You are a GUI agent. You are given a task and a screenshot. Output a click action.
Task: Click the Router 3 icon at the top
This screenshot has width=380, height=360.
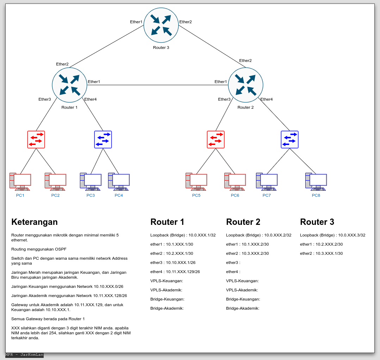click(x=161, y=25)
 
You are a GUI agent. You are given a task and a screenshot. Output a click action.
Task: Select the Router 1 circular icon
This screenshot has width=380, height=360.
click(x=69, y=85)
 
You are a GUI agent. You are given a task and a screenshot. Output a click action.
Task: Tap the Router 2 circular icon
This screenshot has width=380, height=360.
click(x=245, y=85)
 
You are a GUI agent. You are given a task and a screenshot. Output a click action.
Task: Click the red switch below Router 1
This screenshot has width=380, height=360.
click(x=36, y=139)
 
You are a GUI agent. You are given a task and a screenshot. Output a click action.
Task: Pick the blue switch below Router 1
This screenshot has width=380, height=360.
click(x=103, y=139)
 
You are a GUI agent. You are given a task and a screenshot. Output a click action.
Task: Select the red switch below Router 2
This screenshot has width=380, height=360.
click(x=216, y=139)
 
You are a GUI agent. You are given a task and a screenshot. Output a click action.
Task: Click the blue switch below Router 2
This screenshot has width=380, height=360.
click(x=289, y=139)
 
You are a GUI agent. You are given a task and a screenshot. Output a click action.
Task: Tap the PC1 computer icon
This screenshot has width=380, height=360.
click(x=20, y=182)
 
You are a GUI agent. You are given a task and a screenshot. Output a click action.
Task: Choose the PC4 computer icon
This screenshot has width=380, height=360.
click(x=119, y=182)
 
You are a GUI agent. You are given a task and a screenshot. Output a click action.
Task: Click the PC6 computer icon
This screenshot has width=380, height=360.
click(x=235, y=182)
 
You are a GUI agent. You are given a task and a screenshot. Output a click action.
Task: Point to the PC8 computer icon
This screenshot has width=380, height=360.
click(x=316, y=182)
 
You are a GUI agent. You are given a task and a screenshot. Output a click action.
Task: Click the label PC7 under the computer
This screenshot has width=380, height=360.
click(x=267, y=195)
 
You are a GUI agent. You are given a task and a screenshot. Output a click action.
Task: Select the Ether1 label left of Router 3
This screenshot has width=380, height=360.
click(x=136, y=22)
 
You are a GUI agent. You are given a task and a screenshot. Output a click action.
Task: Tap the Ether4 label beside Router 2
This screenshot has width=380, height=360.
click(x=266, y=99)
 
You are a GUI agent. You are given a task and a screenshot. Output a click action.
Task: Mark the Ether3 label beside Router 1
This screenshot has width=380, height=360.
click(x=45, y=99)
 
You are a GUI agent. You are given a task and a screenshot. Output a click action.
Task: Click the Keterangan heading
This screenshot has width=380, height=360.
click(x=35, y=222)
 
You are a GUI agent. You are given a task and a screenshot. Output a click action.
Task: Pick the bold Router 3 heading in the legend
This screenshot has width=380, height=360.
click(x=317, y=222)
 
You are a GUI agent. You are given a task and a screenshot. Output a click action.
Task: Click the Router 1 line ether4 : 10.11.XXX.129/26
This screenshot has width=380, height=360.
click(x=175, y=272)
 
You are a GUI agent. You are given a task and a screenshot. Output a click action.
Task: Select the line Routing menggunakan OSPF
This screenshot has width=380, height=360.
click(x=39, y=249)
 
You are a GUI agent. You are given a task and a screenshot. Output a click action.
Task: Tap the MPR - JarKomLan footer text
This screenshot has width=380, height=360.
click(x=24, y=355)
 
